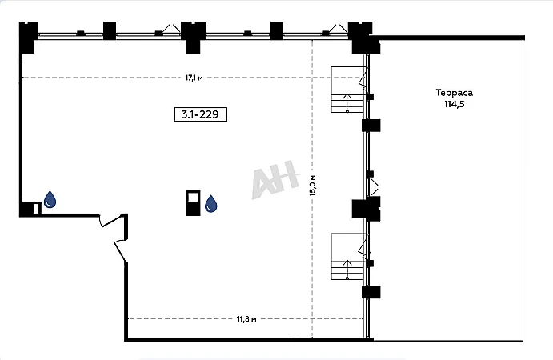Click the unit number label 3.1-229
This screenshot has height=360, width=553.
coord(200,114)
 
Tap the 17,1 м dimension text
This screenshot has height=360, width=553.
coord(194,78)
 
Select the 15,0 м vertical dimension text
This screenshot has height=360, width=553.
coord(313,185)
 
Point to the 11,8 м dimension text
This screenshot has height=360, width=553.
coord(246,319)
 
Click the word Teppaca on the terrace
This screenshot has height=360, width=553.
coord(455,93)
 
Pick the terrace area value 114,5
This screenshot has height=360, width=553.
coord(455,104)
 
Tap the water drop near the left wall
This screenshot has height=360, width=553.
coord(50,199)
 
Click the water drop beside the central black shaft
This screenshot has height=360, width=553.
coord(211,204)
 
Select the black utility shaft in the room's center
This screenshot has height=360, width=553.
coord(193,203)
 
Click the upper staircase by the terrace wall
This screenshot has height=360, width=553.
coord(348,90)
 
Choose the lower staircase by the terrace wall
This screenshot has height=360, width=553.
coord(348,256)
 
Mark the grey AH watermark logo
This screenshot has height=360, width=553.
coord(275,179)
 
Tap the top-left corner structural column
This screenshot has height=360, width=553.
coord(28,38)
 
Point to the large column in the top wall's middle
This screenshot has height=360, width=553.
coord(193,38)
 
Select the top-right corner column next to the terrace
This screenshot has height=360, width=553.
coord(363,38)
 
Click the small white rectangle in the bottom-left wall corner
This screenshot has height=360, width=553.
coord(36,209)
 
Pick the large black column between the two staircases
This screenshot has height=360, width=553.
coord(367,209)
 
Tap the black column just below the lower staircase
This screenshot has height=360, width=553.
coord(371,292)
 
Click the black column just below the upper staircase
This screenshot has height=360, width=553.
coord(371,126)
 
